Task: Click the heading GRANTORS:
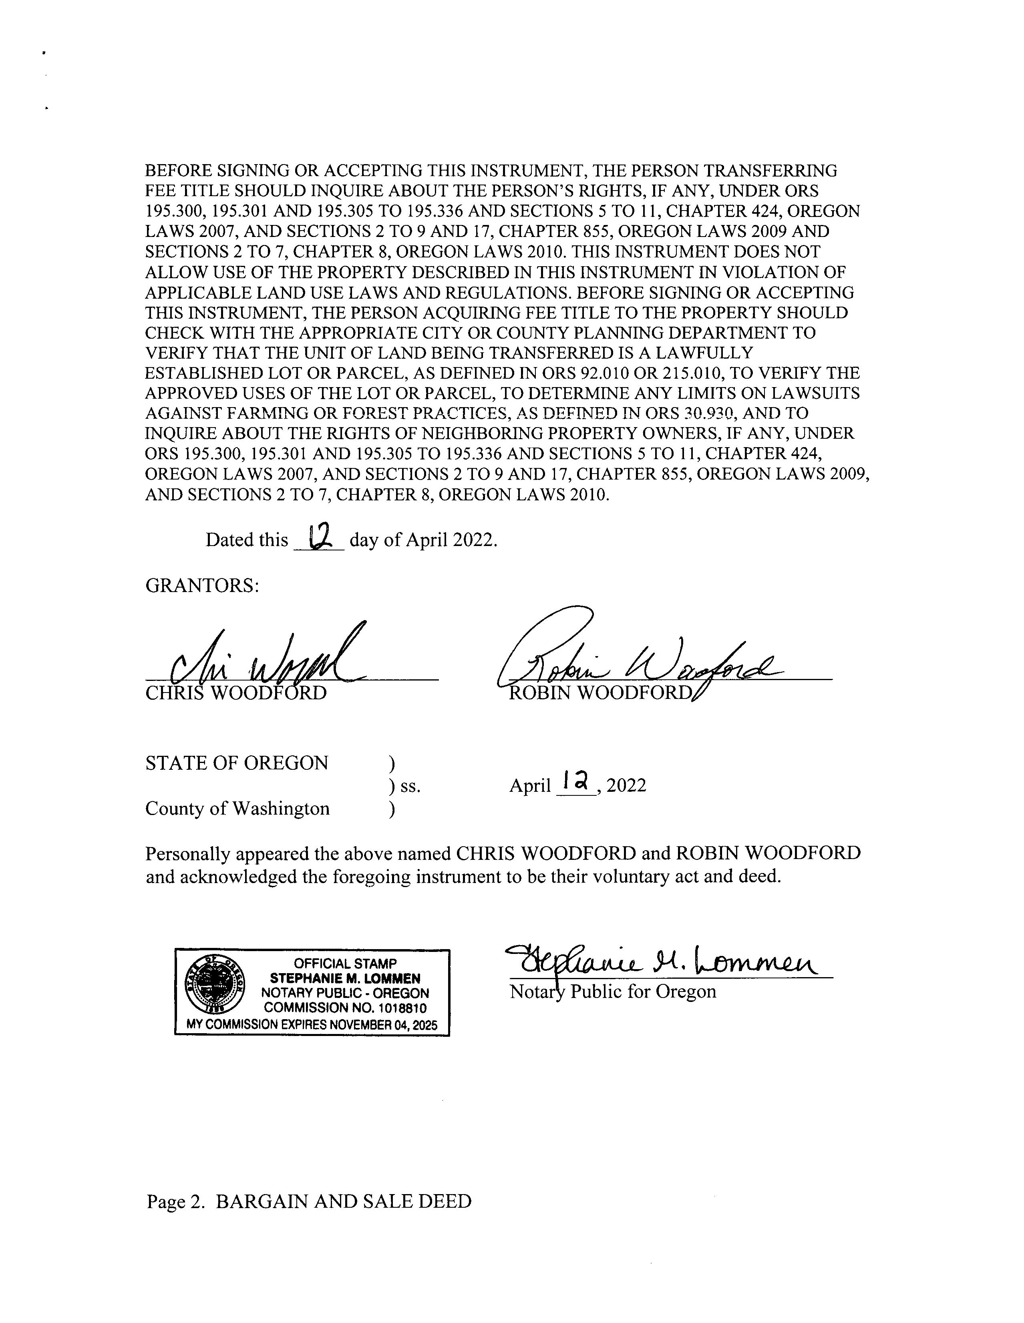pyautogui.click(x=202, y=586)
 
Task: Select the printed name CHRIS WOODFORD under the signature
pyautogui.click(x=236, y=693)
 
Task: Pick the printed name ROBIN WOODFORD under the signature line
pyautogui.click(x=600, y=693)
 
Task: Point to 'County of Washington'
pyautogui.click(x=237, y=808)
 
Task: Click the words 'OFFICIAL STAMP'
pyautogui.click(x=345, y=963)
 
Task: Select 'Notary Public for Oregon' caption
pyautogui.click(x=613, y=992)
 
